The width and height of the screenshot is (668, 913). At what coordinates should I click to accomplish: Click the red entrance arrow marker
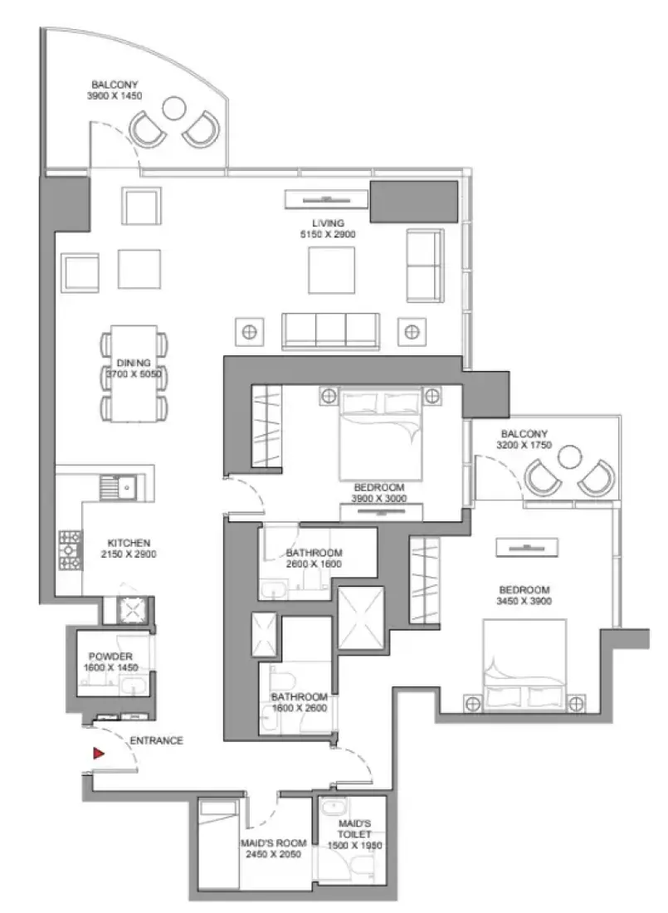coord(99,754)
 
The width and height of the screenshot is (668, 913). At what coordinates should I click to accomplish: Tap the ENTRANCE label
coord(156,740)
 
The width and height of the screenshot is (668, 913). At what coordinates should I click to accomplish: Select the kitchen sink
coord(118,487)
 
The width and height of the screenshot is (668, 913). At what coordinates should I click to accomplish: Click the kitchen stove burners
coord(70,549)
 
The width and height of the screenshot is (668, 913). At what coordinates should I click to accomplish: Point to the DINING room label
coord(134,363)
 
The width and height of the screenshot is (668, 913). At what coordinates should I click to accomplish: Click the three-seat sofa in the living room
coord(331,332)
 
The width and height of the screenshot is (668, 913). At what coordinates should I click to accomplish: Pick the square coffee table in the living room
coord(331,271)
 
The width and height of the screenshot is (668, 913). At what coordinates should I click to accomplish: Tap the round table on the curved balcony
coord(173,108)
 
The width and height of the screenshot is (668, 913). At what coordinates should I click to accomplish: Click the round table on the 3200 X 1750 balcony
coord(569,456)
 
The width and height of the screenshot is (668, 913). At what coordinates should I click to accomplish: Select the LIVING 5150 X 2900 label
coord(328,228)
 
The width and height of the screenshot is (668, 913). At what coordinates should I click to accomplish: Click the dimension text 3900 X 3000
coord(379,499)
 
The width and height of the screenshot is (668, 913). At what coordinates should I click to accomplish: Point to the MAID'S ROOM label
coord(273,843)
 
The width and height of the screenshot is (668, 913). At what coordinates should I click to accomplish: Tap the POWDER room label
coord(110,657)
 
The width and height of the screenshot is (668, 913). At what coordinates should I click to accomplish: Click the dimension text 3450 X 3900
coord(524,601)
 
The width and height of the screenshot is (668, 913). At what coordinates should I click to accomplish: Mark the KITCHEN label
coord(129,543)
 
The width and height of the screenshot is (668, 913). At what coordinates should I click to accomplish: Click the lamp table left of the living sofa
coord(249,332)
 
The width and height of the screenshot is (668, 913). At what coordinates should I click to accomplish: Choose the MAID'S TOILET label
coord(354,828)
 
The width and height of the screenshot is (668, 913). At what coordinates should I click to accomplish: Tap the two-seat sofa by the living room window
coord(425,266)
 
